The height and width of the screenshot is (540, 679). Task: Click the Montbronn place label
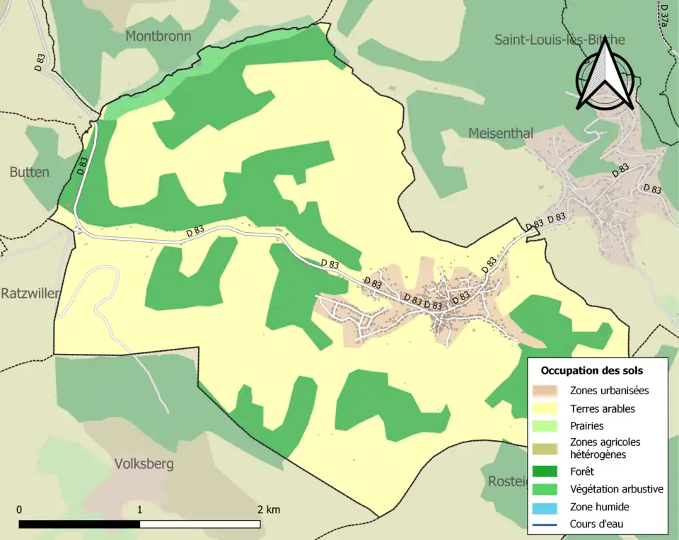coord(158,36)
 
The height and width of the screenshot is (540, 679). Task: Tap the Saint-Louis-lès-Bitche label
coord(559,40)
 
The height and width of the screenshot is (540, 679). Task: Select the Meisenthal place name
coord(501,134)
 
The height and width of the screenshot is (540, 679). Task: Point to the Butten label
coord(30,172)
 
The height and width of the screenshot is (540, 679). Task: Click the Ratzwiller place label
coord(30,293)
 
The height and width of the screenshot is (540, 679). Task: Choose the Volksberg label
coord(144,464)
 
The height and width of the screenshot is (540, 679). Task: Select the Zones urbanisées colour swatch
coord(547,390)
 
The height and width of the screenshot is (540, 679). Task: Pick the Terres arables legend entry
coord(602,408)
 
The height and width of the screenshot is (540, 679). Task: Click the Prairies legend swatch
coord(547,426)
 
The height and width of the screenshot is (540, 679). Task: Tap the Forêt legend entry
coord(581,471)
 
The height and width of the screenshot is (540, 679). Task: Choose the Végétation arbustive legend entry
coord(616,489)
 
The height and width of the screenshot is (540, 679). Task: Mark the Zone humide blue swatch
coord(547,507)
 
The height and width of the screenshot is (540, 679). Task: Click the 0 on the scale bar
coord(19,510)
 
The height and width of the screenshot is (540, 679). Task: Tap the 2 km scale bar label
coord(268,510)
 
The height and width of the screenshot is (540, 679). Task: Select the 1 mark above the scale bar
coord(139,510)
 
